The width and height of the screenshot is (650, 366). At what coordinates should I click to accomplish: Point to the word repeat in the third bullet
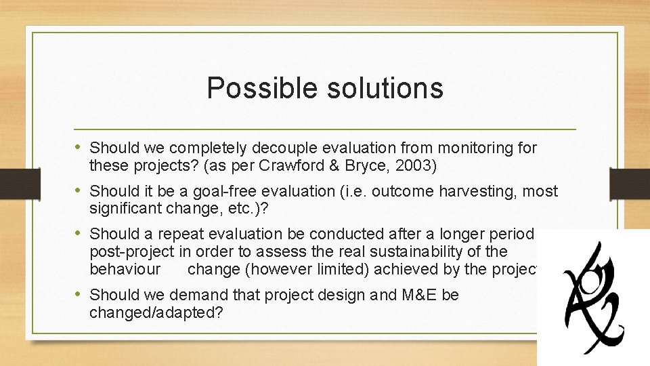(180, 235)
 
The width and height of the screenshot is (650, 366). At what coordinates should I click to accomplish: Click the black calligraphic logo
(593, 296)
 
